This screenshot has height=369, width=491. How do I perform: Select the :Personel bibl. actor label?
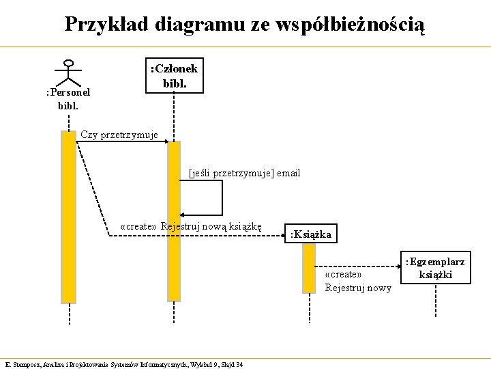(x=68, y=99)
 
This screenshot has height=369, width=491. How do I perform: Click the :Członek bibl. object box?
(x=174, y=76)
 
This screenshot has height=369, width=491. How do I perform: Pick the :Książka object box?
(x=310, y=234)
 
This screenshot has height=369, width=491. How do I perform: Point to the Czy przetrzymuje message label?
(x=119, y=135)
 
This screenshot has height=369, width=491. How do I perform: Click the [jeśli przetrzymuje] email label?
(x=244, y=173)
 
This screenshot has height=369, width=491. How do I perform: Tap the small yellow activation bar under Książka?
(x=309, y=269)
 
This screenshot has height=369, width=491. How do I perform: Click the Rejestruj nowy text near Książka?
(x=358, y=288)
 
